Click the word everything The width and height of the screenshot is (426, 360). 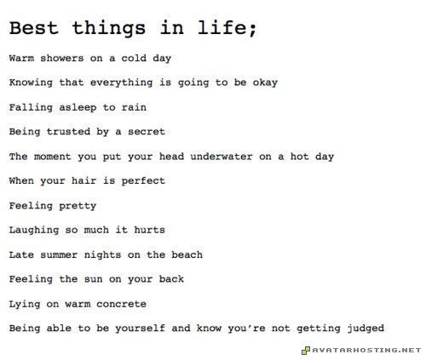pos(124,83)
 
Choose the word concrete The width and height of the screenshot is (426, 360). pos(118,304)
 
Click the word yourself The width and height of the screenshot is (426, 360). pos(148,329)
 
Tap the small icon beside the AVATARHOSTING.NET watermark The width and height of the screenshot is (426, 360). pos(306,350)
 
